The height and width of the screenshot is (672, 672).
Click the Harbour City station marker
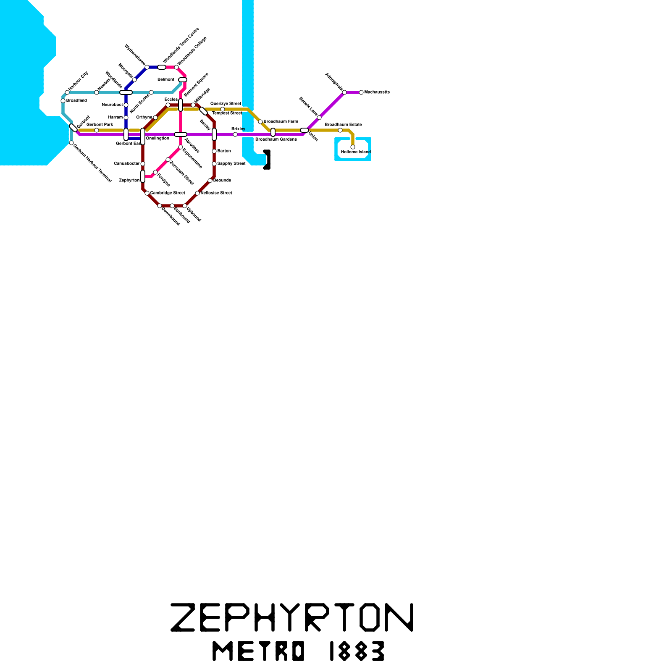pyautogui.click(x=67, y=92)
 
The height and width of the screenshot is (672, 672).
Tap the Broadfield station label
pyautogui.click(x=76, y=101)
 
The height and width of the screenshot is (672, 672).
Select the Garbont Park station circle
pyautogui.click(x=97, y=130)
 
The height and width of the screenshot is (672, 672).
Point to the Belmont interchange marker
pyautogui.click(x=183, y=80)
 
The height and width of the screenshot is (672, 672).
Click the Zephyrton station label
pyautogui.click(x=129, y=181)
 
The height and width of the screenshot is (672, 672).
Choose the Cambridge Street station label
pyautogui.click(x=168, y=193)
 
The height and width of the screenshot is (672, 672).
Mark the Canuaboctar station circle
pyautogui.click(x=143, y=164)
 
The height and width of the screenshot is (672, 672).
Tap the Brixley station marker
pyautogui.click(x=235, y=134)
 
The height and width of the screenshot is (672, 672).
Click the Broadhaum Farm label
pyautogui.click(x=281, y=122)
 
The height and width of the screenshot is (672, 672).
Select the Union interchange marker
pyautogui.click(x=304, y=130)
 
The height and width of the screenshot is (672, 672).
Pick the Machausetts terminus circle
pyautogui.click(x=361, y=92)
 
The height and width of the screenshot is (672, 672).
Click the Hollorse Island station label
pyautogui.click(x=356, y=152)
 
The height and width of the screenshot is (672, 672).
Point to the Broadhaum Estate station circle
pyautogui.click(x=340, y=130)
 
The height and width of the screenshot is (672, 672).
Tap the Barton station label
pyautogui.click(x=224, y=151)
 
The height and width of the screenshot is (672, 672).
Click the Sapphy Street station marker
pyautogui.click(x=214, y=164)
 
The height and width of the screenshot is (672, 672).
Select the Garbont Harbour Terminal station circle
pyautogui.click(x=71, y=143)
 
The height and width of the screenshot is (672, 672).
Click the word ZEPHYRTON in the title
pyautogui.click(x=292, y=617)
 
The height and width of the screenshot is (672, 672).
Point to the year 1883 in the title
pyautogui.click(x=357, y=651)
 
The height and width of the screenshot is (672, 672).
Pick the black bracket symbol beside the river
pyautogui.click(x=267, y=160)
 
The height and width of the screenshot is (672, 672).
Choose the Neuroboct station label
pyautogui.click(x=112, y=105)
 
